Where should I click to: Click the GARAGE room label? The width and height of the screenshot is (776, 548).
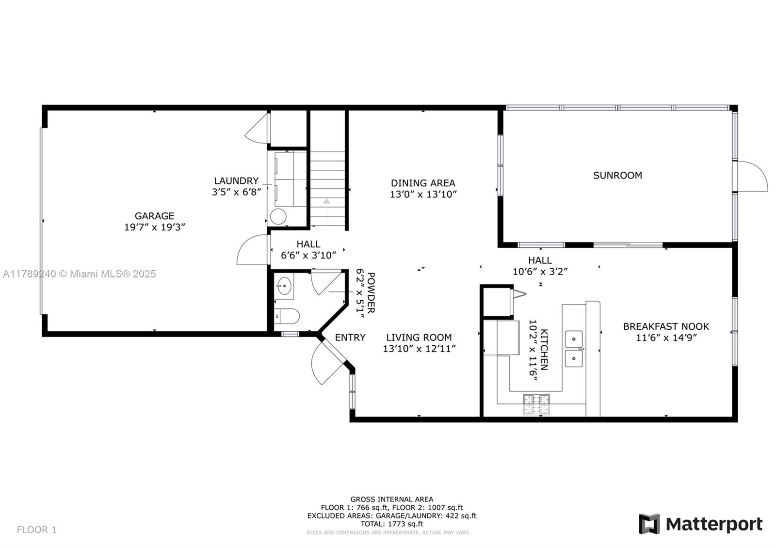154,216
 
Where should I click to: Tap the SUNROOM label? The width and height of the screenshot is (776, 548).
617,175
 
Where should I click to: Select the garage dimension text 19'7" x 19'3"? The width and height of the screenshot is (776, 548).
155,227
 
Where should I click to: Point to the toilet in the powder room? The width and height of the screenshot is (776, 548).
287,316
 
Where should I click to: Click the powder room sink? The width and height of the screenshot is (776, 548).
284,286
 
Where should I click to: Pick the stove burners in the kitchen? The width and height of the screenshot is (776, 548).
536,404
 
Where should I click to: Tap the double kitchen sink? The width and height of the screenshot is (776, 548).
574,349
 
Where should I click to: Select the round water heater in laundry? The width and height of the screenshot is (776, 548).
278,216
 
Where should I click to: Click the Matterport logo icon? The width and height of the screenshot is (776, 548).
649,524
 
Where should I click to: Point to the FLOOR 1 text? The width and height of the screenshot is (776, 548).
37,529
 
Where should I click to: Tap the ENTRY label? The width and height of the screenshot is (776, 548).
350,338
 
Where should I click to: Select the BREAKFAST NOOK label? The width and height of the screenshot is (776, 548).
666,326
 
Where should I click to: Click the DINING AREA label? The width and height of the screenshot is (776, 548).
423,183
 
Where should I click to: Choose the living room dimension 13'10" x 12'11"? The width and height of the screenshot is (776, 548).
419,349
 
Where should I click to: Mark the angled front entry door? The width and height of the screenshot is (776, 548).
328,361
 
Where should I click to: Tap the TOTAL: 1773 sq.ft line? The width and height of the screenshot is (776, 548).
391,524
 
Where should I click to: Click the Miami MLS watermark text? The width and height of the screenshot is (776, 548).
80,274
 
